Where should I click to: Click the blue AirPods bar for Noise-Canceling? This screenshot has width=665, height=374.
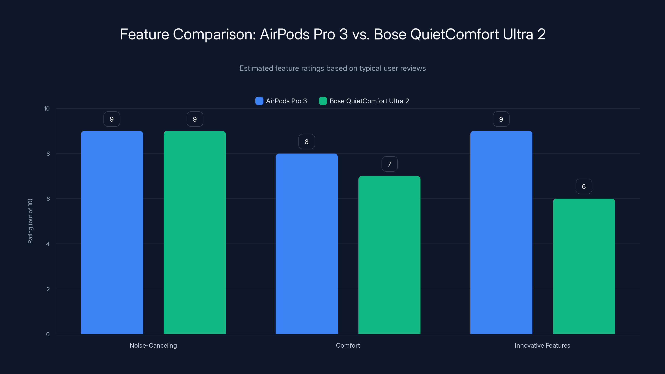(112, 232)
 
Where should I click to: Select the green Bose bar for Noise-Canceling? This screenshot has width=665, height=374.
(195, 232)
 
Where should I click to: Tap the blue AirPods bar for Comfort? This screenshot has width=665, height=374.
(307, 244)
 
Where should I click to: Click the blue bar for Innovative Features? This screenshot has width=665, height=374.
(501, 232)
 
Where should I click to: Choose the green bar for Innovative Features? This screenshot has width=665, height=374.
(584, 266)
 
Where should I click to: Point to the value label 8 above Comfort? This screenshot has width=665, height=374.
(307, 141)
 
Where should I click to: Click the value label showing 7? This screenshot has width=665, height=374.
(389, 164)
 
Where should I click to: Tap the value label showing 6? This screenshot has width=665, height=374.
(584, 186)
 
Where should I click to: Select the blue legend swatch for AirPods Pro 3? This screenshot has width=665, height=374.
(259, 101)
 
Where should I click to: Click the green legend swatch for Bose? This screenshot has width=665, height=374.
(323, 101)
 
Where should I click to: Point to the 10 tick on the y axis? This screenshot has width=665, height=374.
(47, 108)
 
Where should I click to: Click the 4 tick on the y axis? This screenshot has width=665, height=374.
(48, 244)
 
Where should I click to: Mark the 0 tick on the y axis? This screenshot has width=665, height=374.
(48, 334)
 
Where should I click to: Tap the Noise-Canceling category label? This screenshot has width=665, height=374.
(153, 345)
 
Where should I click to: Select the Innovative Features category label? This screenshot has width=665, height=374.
(542, 345)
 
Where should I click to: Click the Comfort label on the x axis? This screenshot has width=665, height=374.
(348, 345)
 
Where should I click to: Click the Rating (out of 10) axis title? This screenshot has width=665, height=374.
(30, 221)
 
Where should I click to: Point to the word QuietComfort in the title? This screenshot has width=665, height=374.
(454, 34)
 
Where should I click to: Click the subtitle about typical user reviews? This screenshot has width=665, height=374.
(332, 68)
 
